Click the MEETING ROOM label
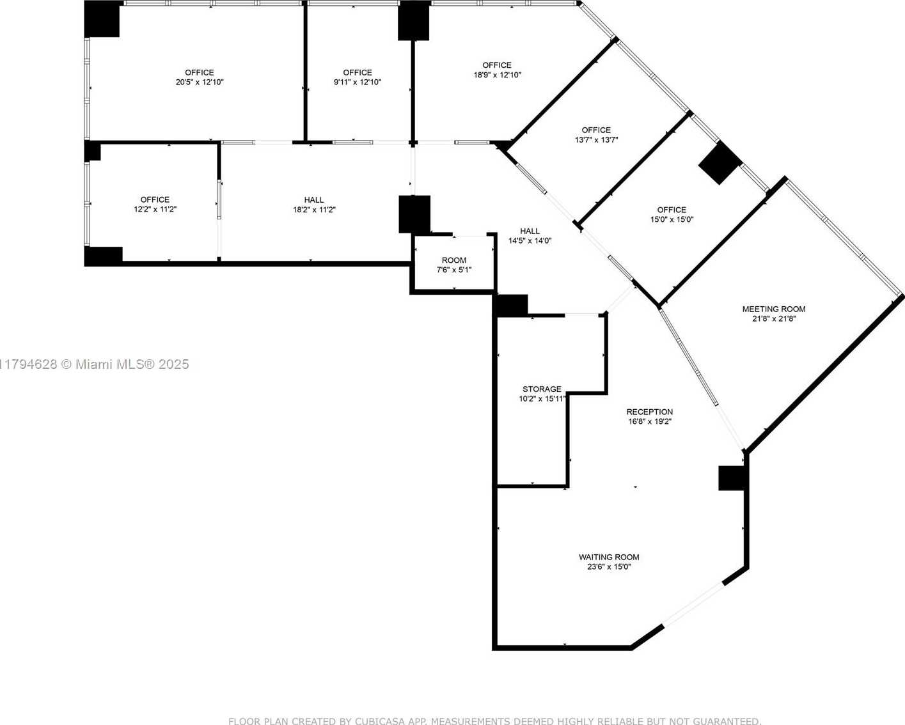(x=774, y=309)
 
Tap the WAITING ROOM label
(x=609, y=557)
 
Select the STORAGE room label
(x=542, y=389)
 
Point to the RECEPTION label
(x=650, y=412)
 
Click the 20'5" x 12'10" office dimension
(x=200, y=82)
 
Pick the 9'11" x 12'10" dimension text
(x=358, y=82)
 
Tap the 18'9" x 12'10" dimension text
(x=497, y=75)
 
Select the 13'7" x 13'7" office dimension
(x=596, y=139)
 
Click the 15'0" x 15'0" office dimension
(x=672, y=219)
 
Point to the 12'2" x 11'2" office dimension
(x=155, y=209)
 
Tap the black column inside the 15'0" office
(x=720, y=163)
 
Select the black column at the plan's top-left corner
(x=102, y=19)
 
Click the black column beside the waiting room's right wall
(x=732, y=478)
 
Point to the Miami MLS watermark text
(x=95, y=364)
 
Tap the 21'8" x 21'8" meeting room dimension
(x=774, y=319)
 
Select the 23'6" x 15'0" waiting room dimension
(x=609, y=567)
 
